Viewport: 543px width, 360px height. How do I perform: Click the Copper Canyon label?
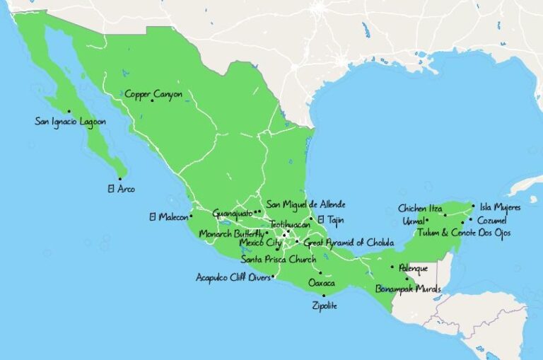pyautogui.click(x=153, y=93)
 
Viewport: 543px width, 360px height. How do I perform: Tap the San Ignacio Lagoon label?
pyautogui.click(x=70, y=122)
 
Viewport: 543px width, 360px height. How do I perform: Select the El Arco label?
pyautogui.click(x=121, y=189)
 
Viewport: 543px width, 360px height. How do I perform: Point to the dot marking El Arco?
pyautogui.click(x=120, y=178)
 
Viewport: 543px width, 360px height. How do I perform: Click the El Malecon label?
pyautogui.click(x=168, y=216)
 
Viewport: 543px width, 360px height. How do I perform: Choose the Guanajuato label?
pyautogui.click(x=232, y=213)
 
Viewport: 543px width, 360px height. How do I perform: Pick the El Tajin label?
pyautogui.click(x=330, y=219)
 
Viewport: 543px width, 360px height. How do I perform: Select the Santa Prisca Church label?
pyautogui.click(x=278, y=259)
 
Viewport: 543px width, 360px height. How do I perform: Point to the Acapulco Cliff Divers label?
pyautogui.click(x=233, y=277)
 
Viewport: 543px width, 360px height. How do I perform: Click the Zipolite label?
pyautogui.click(x=325, y=306)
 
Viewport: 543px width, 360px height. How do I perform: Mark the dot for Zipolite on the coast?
pyautogui.click(x=324, y=296)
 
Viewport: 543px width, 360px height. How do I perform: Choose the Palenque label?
pyautogui.click(x=413, y=268)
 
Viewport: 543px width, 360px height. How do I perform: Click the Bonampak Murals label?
pyautogui.click(x=407, y=289)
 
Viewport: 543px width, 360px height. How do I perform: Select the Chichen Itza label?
pyautogui.click(x=420, y=209)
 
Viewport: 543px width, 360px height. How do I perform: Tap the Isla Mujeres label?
pyautogui.click(x=500, y=207)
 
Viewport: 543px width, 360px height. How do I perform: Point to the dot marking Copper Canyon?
pyautogui.click(x=152, y=100)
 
